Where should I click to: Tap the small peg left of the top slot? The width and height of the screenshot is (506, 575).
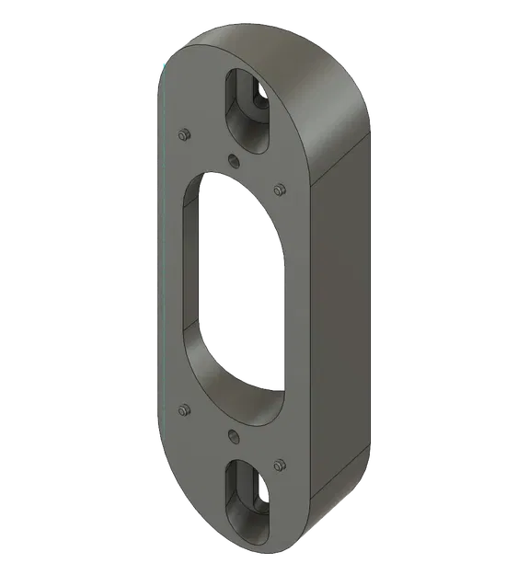183,134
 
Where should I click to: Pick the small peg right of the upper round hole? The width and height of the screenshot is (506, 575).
279,190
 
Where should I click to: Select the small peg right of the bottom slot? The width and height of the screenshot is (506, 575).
279,464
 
